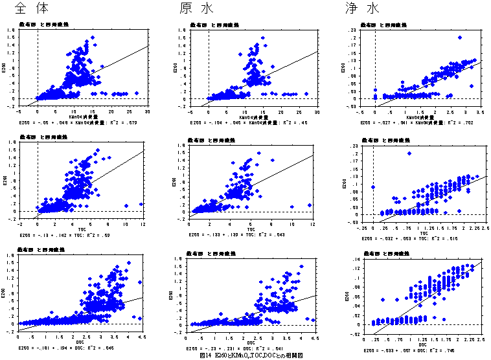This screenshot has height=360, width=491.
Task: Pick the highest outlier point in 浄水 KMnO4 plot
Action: [x=460, y=38]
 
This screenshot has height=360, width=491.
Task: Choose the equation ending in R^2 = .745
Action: [x=409, y=350]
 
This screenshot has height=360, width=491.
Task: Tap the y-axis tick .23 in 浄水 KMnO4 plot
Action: [x=365, y=30]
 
